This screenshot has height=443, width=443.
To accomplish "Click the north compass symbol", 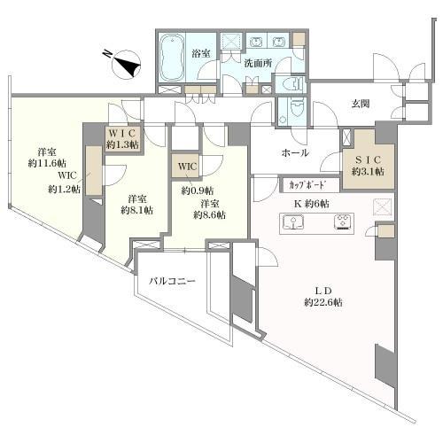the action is (x=126, y=64).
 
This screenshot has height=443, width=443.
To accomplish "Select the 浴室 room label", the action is (x=201, y=53).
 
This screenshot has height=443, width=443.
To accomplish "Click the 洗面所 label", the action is (x=258, y=63).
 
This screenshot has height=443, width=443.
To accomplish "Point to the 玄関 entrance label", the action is (x=361, y=104).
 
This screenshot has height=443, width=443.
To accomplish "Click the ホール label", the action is (x=295, y=152).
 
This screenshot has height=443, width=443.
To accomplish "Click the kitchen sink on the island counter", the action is (x=293, y=222).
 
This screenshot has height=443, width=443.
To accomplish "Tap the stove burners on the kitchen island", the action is (x=344, y=221).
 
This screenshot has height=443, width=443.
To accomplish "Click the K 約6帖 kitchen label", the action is (x=312, y=204).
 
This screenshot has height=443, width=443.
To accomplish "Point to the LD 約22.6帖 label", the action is (x=323, y=297).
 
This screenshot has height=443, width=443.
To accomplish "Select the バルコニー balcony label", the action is (x=172, y=281).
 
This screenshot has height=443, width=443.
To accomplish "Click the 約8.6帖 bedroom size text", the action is (x=210, y=214).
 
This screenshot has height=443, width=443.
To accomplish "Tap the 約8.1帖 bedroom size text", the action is (x=136, y=210).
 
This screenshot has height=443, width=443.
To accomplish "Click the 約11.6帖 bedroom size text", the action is (x=47, y=163).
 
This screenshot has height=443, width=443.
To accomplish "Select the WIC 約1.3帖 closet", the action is (x=122, y=138).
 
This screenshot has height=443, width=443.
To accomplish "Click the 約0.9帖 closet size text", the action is (x=198, y=190).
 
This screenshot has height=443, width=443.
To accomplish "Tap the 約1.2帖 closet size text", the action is (x=64, y=189).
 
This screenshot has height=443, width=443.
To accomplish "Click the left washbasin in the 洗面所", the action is (x=256, y=43).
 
